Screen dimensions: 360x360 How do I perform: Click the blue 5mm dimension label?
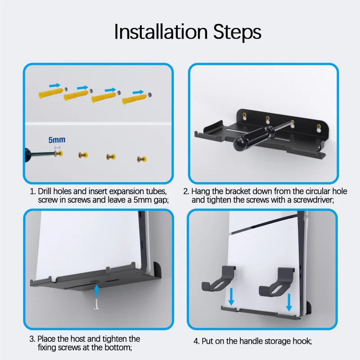click(x=57, y=140)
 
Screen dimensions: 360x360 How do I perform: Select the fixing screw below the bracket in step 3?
click(x=97, y=305)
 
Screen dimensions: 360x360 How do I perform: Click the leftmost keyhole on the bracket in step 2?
click(x=245, y=116)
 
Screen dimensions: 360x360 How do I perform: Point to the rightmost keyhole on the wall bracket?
click(x=319, y=127)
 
